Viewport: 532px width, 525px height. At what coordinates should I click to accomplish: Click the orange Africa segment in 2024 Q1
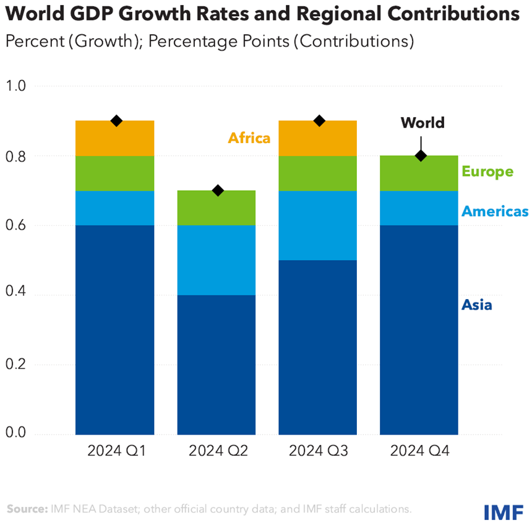(114, 138)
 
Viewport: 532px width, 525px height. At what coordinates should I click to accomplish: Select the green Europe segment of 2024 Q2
(217, 207)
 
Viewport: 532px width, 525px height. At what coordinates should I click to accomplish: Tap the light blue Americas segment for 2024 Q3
(318, 225)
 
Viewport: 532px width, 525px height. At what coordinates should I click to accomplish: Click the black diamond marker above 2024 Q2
(217, 191)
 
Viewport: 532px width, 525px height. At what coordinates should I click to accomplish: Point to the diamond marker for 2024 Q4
(421, 156)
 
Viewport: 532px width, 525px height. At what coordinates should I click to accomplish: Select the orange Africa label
(249, 137)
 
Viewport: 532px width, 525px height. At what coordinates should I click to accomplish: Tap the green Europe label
(487, 171)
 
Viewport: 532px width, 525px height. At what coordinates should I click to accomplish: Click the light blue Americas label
(495, 211)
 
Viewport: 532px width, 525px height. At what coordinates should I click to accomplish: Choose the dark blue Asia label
(477, 305)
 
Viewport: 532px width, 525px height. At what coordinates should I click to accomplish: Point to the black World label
(423, 123)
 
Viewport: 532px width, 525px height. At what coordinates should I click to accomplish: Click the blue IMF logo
(504, 511)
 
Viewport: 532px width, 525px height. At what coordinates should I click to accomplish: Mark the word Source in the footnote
(26, 510)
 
